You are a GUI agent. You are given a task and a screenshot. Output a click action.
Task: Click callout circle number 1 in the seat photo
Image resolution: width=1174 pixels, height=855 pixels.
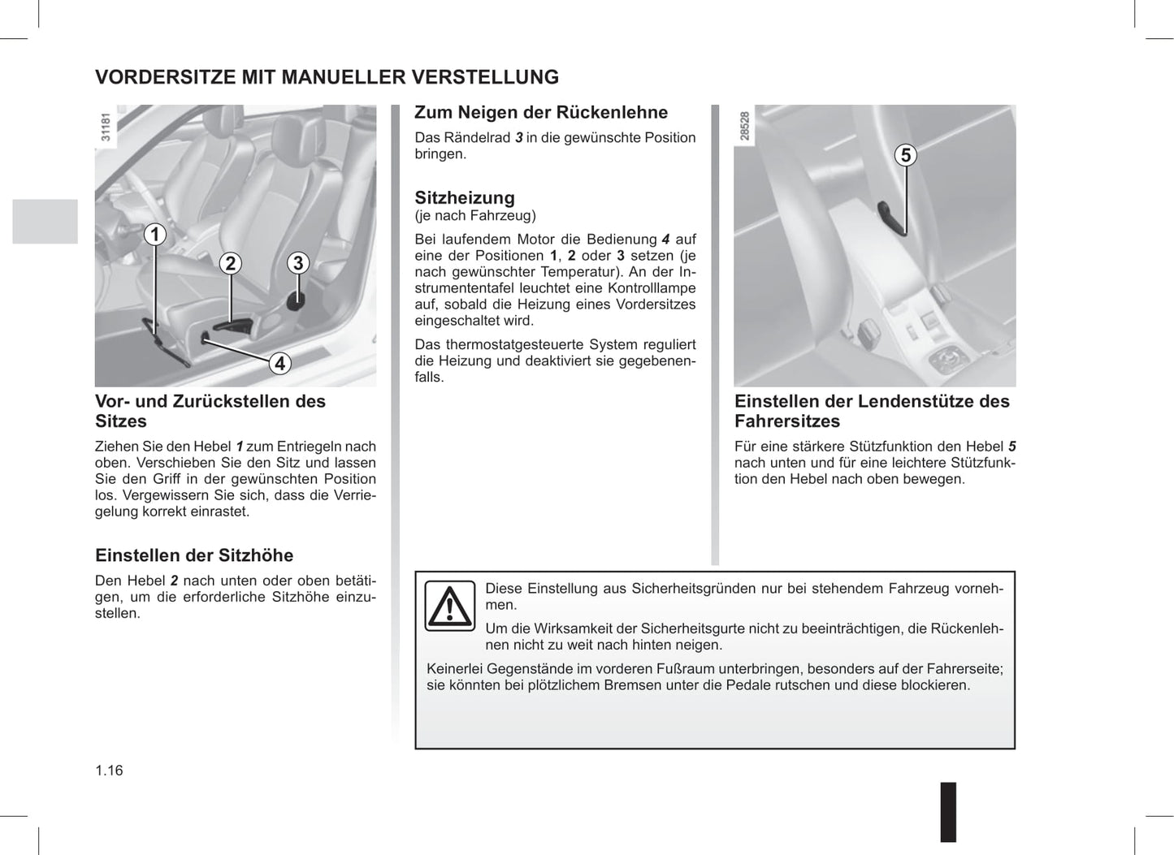pos(154,235)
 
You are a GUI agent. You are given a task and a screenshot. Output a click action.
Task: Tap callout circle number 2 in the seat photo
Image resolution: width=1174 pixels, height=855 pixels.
pos(231,263)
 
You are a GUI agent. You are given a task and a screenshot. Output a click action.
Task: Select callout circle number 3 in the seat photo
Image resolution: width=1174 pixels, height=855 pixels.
pos(298,263)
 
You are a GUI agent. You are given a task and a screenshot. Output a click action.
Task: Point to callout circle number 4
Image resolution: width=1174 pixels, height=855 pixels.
pos(279,363)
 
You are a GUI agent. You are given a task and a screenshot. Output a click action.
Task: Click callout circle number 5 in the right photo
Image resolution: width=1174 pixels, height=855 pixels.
pos(905,155)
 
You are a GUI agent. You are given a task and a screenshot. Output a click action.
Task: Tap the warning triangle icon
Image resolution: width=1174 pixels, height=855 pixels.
pos(449,606)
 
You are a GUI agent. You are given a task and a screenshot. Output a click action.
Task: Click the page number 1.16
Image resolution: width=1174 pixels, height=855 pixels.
pos(109,771)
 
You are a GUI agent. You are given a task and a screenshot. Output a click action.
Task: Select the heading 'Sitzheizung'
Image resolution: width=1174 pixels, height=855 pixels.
pos(465,197)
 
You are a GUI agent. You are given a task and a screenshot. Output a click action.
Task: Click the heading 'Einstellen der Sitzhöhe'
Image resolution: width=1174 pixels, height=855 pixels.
pos(194,555)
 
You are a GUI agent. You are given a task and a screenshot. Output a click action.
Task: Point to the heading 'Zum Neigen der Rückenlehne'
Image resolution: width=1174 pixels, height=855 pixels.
pos(541,113)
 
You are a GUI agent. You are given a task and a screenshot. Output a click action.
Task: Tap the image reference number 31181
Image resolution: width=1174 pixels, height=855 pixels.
pos(106,127)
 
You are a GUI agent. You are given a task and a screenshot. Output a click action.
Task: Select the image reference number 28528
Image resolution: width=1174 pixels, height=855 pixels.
pos(745,126)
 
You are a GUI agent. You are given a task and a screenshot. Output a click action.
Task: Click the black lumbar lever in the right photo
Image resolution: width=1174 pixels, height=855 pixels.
pos(891,218)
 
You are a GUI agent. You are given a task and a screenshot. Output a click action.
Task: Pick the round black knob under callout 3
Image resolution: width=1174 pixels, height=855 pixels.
pos(296,302)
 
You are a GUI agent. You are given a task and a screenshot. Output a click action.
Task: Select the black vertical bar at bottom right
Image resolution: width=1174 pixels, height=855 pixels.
pos(948,811)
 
